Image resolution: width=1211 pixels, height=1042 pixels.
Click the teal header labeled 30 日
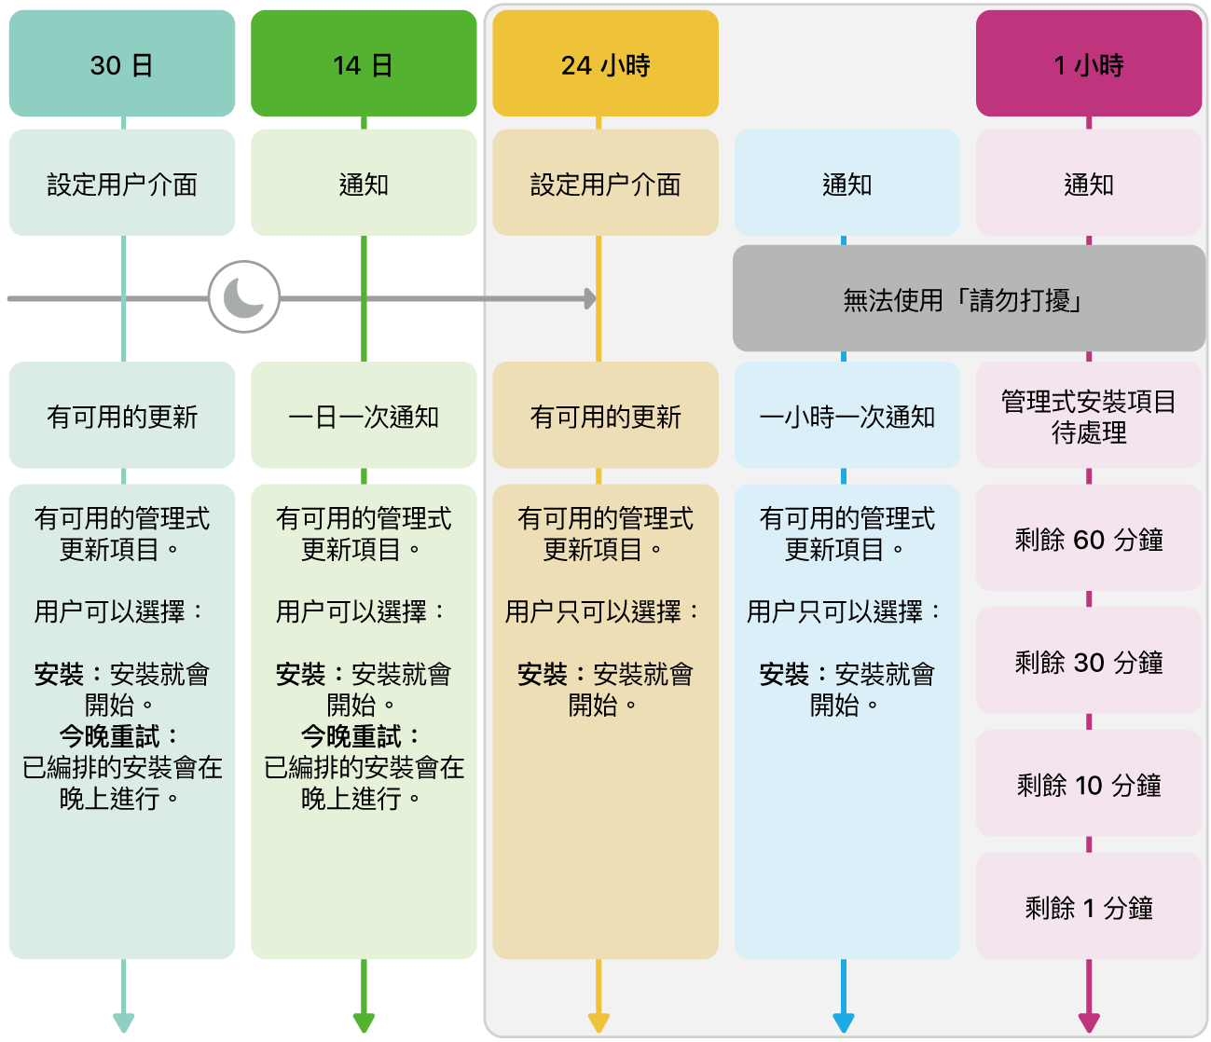pos(121,64)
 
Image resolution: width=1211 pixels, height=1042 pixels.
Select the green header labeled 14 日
pos(364,64)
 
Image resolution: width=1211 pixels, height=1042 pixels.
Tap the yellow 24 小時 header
pos(605,64)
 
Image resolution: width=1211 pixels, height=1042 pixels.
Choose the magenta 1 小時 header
pos(1089,64)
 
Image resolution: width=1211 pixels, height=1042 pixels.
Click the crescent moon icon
pos(244,297)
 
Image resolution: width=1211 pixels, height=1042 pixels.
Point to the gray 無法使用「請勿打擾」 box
pos(969,299)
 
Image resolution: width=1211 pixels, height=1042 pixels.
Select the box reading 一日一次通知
pos(364,416)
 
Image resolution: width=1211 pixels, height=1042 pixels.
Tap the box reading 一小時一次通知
pos(846,416)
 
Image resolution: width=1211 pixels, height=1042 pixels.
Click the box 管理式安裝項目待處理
pos(1089,416)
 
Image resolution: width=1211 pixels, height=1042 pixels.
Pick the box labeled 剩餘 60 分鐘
pos(1089,539)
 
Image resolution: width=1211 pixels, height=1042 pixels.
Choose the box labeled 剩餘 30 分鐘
pos(1089,662)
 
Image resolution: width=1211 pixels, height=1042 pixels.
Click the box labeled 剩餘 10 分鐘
pos(1089,785)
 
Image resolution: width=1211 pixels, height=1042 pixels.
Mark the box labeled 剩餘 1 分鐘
pos(1089,907)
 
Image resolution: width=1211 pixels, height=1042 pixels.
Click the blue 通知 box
pos(846,184)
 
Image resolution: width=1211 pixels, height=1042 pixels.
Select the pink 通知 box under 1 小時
pos(1089,184)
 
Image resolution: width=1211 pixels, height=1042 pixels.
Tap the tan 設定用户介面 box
pos(605,184)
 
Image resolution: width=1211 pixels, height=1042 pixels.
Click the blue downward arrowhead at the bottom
pos(844,1021)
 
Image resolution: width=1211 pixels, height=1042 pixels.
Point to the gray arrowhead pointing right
pos(590,298)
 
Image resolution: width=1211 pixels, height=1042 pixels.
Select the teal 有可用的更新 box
pos(121,416)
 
